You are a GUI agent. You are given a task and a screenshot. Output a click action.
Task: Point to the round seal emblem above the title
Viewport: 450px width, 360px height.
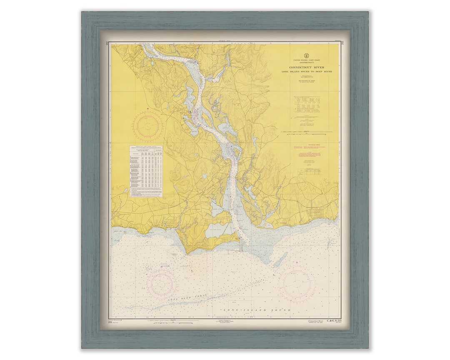(306, 55)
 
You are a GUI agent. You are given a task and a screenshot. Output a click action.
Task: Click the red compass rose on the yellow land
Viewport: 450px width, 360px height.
(148, 126)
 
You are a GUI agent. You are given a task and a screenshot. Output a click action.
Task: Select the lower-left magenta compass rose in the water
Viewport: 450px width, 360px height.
(162, 284)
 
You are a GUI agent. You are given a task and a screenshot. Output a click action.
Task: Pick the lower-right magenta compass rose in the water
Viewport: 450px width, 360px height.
(297, 284)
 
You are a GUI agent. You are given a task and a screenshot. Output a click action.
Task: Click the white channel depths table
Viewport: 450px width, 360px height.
(146, 171)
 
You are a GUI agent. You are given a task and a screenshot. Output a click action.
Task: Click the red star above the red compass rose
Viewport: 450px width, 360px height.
(148, 109)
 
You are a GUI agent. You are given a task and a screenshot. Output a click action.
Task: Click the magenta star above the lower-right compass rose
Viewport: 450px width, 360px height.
(297, 263)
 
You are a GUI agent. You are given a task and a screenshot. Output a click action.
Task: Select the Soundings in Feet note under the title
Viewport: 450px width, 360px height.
(306, 82)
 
